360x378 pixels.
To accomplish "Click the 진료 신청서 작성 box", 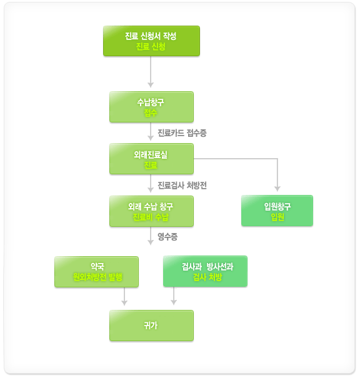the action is (x=151, y=41).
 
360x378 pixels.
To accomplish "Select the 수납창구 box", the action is (x=151, y=107).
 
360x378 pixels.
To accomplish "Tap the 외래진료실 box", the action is (x=151, y=159).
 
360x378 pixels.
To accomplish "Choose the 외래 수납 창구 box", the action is (x=151, y=211).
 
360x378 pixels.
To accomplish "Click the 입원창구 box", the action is (x=277, y=211).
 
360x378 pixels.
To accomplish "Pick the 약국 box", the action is (x=96, y=272).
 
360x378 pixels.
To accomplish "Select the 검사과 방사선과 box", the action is (x=205, y=271).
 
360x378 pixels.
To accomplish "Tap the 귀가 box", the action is (x=151, y=326).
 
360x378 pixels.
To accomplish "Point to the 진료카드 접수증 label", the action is (x=182, y=133).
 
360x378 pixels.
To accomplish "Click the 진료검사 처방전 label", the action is (x=182, y=186).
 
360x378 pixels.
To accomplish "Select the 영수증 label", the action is (x=167, y=237).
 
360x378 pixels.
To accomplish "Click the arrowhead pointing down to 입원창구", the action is (x=277, y=189).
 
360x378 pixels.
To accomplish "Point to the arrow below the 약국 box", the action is (x=124, y=296).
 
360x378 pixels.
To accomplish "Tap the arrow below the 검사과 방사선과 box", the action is (x=174, y=296).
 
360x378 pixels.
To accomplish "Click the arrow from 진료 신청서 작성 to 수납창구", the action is (x=151, y=72).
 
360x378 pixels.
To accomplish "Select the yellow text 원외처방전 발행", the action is (x=97, y=277).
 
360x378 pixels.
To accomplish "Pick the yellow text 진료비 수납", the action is (x=151, y=217).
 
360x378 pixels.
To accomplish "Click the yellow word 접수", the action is (x=151, y=112).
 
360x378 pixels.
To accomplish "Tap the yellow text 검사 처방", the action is (x=207, y=277).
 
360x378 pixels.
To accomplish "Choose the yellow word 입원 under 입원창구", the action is (x=277, y=217).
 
